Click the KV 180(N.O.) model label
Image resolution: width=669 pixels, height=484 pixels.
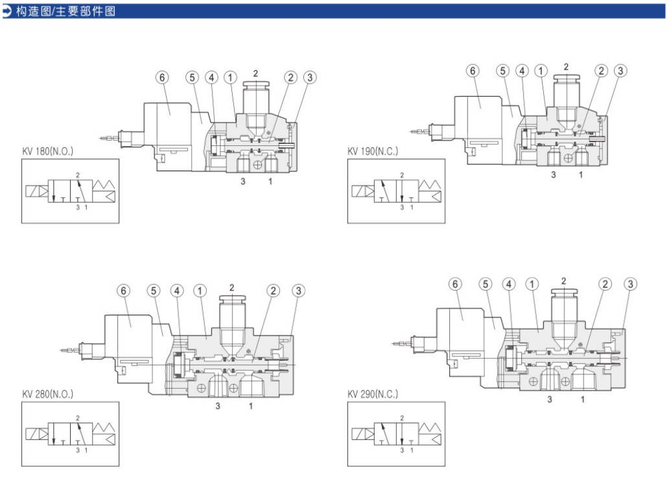[x=47, y=151]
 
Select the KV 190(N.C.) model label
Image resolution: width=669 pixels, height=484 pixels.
[x=373, y=151]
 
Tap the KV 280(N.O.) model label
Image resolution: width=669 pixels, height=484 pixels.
[x=47, y=394]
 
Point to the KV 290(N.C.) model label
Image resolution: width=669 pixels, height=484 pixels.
[x=373, y=394]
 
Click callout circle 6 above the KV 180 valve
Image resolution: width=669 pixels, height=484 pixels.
[x=162, y=77]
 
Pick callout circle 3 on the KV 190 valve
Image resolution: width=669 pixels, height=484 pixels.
[x=620, y=71]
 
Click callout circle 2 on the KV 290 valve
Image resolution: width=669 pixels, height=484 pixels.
[x=605, y=284]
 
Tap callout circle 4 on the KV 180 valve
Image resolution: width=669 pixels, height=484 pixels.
[x=211, y=77]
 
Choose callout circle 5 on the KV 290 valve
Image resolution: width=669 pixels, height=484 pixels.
[x=486, y=284]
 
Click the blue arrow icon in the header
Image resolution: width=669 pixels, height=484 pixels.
[x=7, y=11]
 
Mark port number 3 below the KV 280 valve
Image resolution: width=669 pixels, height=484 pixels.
[x=218, y=406]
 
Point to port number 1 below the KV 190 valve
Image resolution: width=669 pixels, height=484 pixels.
[x=581, y=175]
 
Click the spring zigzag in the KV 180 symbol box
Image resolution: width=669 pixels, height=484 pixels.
[x=106, y=193]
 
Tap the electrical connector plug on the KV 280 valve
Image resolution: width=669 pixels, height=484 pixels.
[x=84, y=350]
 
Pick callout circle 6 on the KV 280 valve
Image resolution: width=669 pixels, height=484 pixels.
[x=124, y=291]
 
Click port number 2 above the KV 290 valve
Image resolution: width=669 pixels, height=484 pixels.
[x=563, y=281]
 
